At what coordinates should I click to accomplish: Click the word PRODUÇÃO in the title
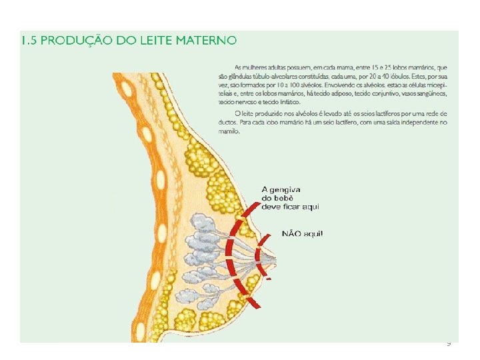[x=78, y=41]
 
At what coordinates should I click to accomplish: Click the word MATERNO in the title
[x=206, y=41]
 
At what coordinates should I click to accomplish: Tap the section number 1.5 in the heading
[x=29, y=41]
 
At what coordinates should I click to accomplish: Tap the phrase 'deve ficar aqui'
[x=291, y=207]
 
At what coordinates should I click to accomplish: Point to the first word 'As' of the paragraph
[x=239, y=68]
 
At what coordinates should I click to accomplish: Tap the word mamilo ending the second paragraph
[x=228, y=131]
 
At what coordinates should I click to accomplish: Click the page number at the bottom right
[x=449, y=344]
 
